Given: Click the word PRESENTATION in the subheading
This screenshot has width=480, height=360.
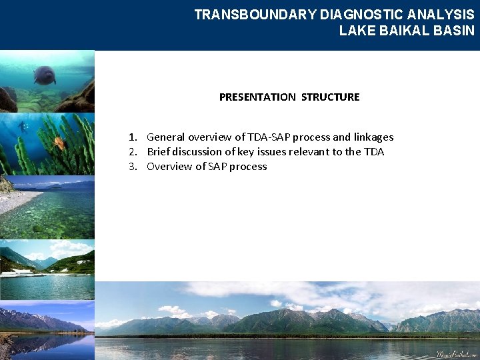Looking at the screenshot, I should tap(257, 97).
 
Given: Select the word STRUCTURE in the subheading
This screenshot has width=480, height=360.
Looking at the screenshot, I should tap(330, 97).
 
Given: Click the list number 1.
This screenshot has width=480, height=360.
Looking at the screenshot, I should tap(133, 137).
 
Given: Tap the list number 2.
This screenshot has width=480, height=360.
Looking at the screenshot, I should tap(133, 152).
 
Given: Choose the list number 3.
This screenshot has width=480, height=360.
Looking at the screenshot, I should tap(133, 167).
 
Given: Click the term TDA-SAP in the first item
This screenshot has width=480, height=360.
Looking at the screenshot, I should tap(269, 137).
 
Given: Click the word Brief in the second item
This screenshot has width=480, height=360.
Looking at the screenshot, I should tap(160, 152).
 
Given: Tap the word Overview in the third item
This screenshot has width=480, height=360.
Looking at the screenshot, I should tap(169, 167).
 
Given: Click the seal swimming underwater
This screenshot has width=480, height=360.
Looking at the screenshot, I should tap(45, 75).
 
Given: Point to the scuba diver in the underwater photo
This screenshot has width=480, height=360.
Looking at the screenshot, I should tap(24, 127).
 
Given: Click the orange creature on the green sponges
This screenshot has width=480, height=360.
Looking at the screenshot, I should tap(59, 142).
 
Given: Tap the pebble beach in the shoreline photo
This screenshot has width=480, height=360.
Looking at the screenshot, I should tap(17, 200).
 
